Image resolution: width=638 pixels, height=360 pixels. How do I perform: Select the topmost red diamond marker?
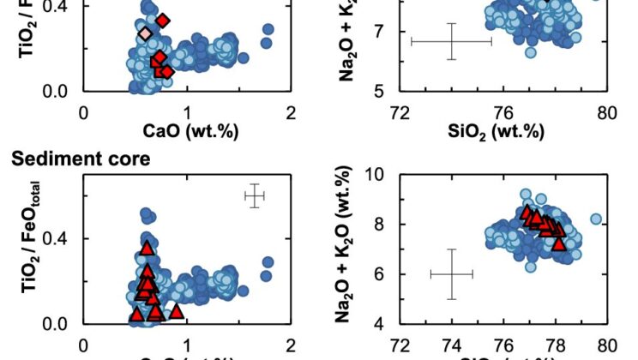tap(163, 20)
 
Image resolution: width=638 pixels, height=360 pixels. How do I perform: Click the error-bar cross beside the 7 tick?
tap(451, 41)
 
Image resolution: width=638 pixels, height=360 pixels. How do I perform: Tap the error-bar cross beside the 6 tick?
tap(451, 274)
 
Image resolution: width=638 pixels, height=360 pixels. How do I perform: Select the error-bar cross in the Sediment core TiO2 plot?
tap(254, 196)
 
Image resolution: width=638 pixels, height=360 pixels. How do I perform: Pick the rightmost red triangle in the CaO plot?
tap(176, 311)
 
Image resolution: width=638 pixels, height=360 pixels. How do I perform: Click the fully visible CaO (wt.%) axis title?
tap(189, 131)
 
